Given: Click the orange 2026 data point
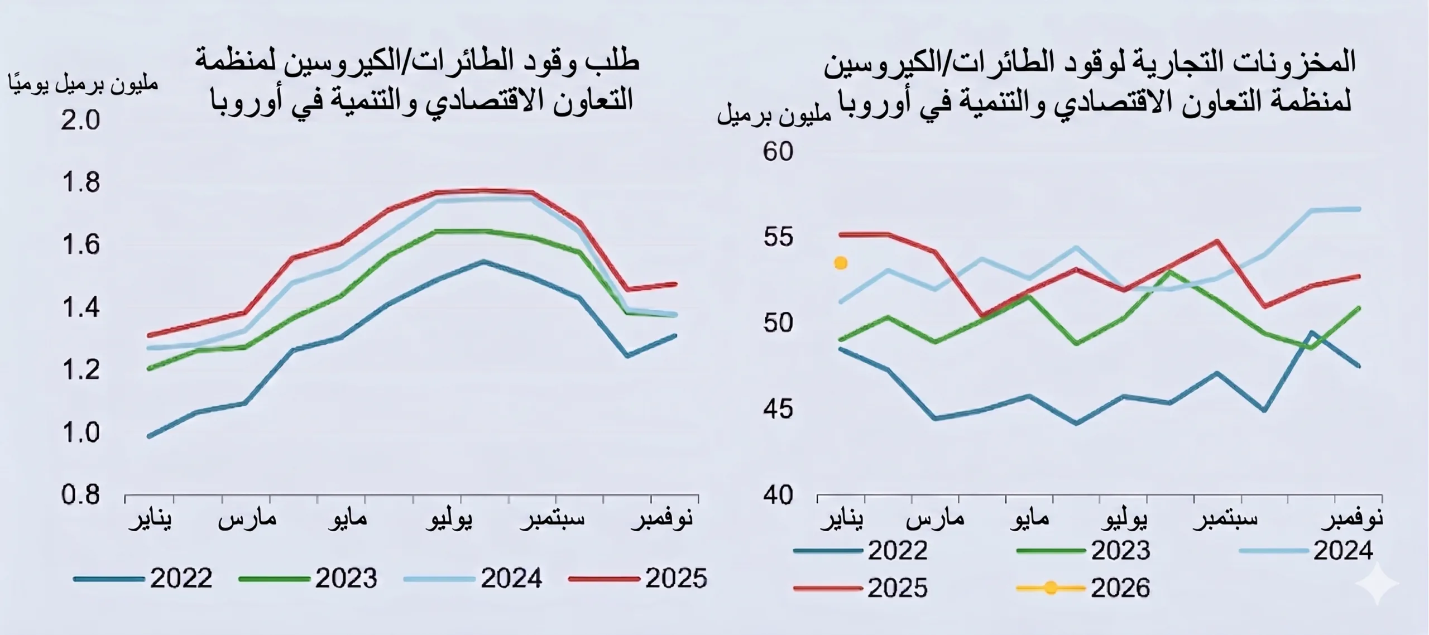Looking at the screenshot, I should point(841,263).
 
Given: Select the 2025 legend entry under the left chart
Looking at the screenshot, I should point(638,579).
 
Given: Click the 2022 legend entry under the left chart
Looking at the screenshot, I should point(143,579).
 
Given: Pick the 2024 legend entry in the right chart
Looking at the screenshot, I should point(1306,551).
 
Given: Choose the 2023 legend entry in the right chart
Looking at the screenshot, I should point(1083,551).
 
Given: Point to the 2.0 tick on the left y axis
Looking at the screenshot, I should point(80,120).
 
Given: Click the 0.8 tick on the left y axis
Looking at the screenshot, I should point(80,494).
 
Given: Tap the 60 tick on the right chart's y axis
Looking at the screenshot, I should point(778,152).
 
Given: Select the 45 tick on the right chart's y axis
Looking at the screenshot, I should point(778,409).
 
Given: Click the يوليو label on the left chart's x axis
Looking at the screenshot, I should point(449,519).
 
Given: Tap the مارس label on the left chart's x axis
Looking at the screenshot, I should point(247,519).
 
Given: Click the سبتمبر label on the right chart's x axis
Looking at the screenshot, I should point(1226,519).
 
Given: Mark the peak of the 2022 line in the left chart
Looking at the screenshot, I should point(483,261).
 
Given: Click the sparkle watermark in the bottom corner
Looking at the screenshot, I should point(1378,583).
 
